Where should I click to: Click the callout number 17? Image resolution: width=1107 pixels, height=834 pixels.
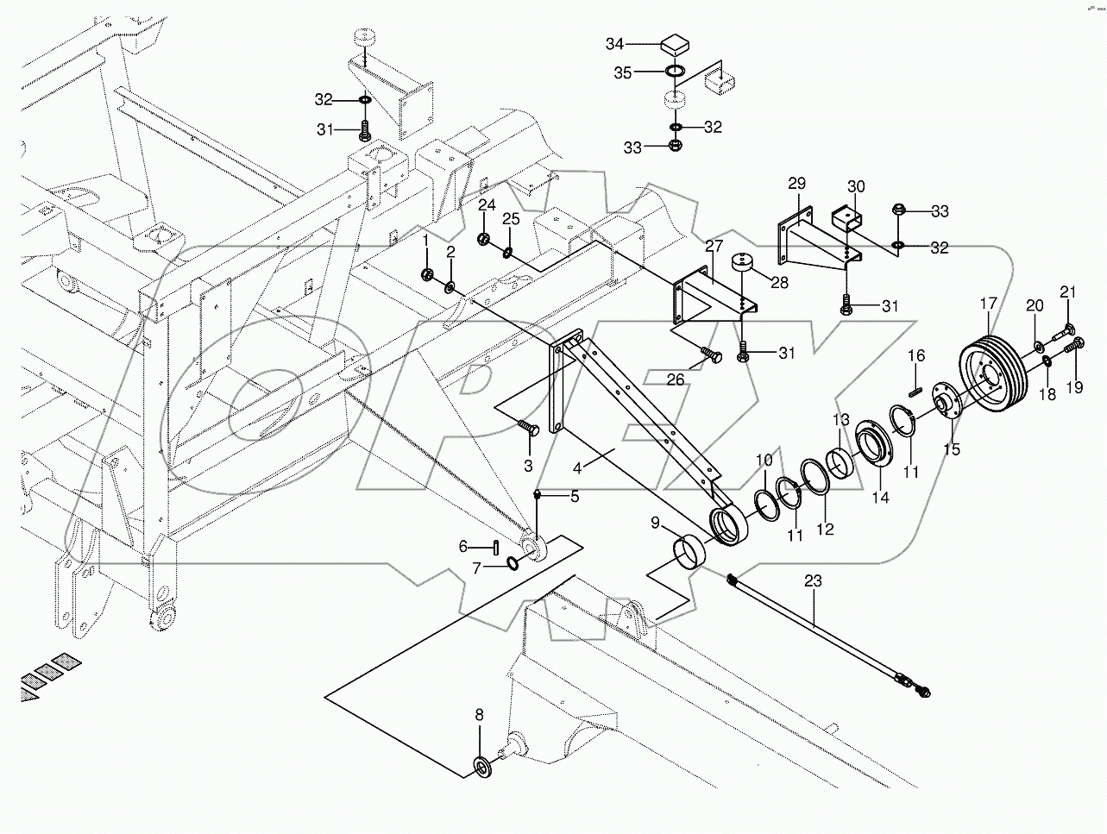(x=988, y=304)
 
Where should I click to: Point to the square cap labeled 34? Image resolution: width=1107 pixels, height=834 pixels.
(x=675, y=43)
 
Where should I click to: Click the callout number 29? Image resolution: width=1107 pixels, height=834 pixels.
(x=796, y=184)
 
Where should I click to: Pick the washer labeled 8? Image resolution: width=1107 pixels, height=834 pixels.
(x=480, y=764)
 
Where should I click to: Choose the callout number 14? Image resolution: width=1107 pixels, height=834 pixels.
(x=881, y=497)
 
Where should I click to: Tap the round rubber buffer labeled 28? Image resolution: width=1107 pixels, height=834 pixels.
(x=744, y=263)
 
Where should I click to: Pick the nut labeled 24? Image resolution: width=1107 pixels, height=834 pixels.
(x=484, y=237)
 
